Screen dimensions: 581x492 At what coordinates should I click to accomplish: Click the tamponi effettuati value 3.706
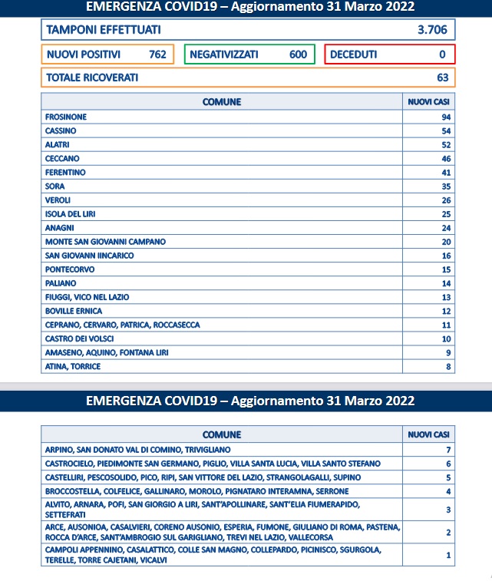431,30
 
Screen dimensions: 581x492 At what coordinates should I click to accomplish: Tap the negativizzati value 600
298,54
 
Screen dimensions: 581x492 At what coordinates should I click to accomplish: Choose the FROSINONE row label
66,117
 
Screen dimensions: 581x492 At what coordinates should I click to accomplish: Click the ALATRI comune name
58,144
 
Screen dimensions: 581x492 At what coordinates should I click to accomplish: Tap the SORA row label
55,186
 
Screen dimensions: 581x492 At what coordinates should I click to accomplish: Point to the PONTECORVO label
70,269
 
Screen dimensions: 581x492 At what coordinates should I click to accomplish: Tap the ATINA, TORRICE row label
73,367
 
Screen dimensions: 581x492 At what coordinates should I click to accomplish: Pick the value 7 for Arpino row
447,449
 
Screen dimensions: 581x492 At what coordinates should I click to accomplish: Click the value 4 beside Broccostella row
447,490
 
